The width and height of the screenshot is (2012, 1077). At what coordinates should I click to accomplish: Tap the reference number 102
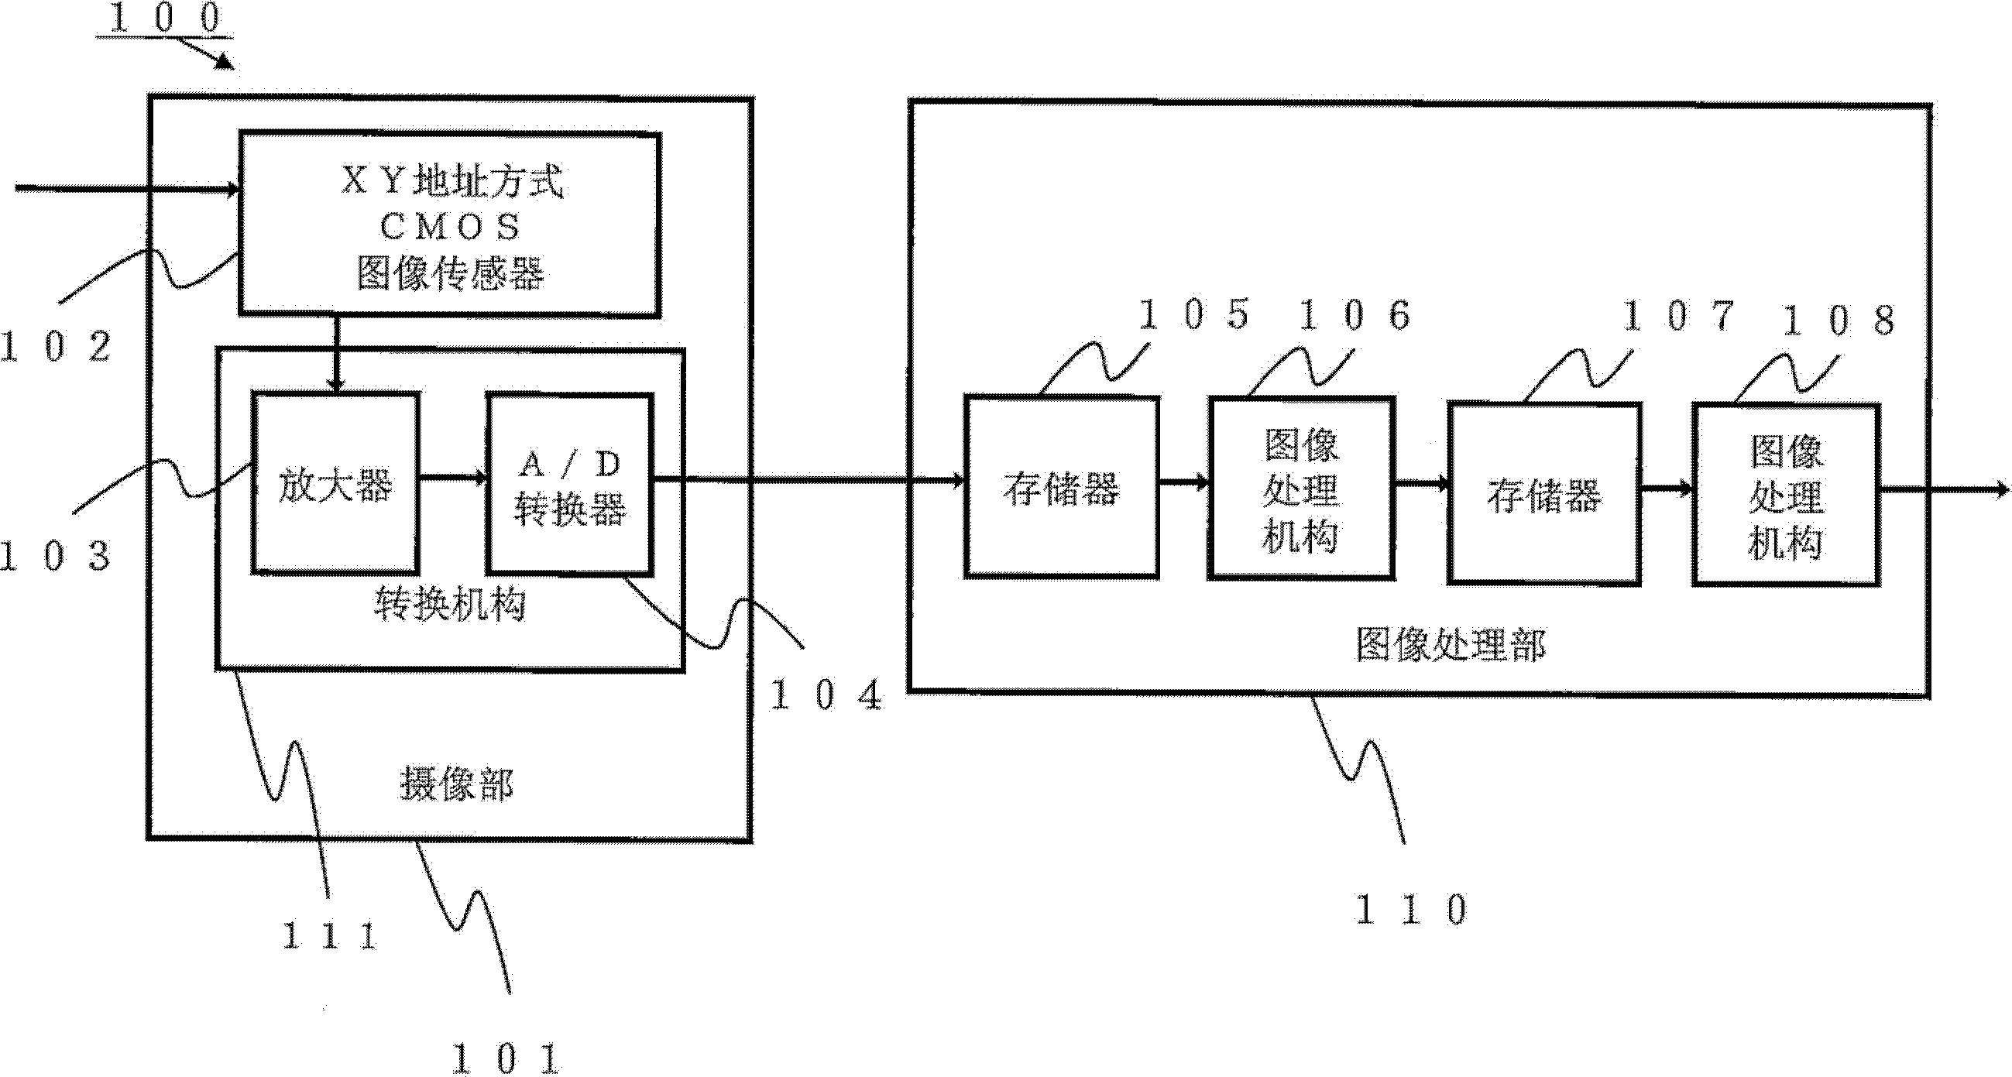pyautogui.click(x=56, y=346)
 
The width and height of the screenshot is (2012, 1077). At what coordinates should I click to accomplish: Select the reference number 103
pyautogui.click(x=54, y=557)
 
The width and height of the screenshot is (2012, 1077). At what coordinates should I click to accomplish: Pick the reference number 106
pyautogui.click(x=1355, y=316)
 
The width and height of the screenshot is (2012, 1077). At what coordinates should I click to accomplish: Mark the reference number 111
pyautogui.click(x=330, y=935)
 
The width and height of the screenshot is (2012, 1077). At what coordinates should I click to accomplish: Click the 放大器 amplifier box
pyautogui.click(x=335, y=484)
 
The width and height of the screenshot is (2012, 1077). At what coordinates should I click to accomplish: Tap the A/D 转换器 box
pyautogui.click(x=570, y=484)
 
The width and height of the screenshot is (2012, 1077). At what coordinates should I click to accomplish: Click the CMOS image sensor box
pyautogui.click(x=450, y=225)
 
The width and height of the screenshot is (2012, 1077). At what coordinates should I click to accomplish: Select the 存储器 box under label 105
pyautogui.click(x=1062, y=489)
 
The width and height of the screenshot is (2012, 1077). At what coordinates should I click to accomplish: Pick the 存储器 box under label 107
pyautogui.click(x=1544, y=493)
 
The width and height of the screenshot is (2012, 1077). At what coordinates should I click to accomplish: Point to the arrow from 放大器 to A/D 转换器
pyautogui.click(x=453, y=476)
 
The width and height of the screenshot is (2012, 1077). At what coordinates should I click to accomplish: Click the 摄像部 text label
pyautogui.click(x=456, y=784)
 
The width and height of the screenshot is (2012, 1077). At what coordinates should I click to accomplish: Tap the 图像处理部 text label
pyautogui.click(x=1450, y=646)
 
